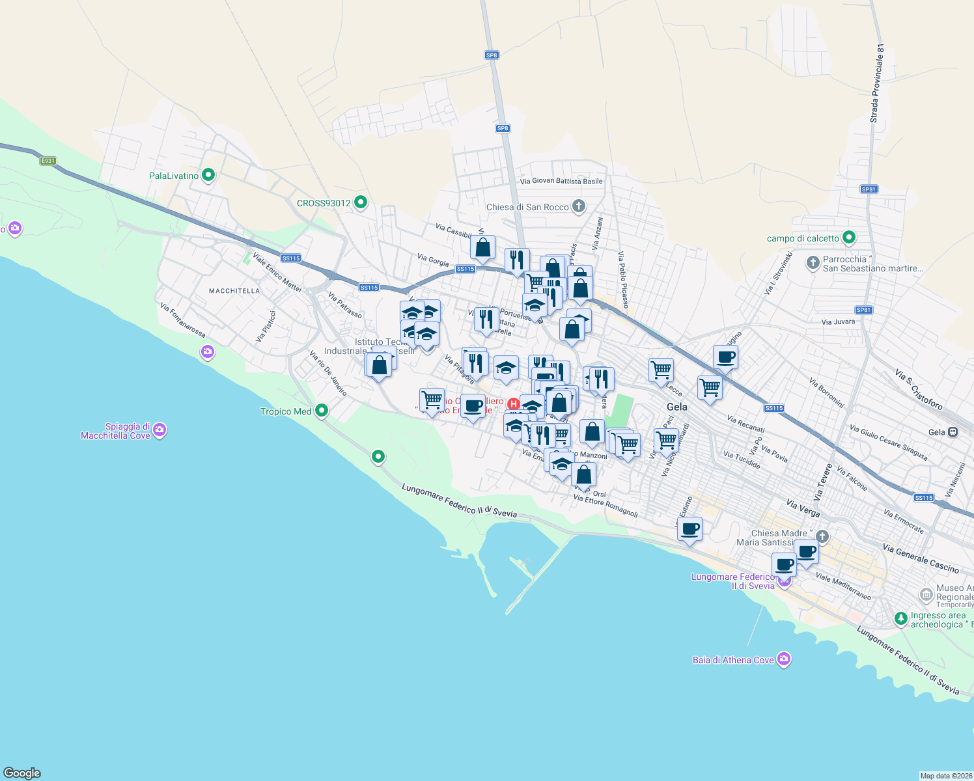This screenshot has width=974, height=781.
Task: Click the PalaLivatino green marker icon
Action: point(208,175)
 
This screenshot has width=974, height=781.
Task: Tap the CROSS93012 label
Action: point(324,203)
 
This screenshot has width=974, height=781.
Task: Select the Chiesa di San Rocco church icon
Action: point(578,207)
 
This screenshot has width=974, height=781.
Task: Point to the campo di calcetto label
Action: point(803,238)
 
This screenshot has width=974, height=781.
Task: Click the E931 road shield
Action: point(48,161)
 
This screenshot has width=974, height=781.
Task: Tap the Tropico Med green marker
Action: point(321,411)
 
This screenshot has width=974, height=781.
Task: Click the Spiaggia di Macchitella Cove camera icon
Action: point(160,430)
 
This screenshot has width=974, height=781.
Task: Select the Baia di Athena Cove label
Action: point(733,660)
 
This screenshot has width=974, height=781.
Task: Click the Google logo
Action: point(22,773)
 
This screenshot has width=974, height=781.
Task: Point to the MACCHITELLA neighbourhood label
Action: point(234,291)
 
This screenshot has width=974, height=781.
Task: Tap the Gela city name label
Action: point(677,407)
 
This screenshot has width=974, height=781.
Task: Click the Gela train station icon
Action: point(953,432)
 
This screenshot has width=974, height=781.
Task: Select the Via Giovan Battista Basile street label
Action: point(561,181)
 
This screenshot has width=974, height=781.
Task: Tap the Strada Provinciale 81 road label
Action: point(877,83)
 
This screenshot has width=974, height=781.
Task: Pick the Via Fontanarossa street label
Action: point(182,320)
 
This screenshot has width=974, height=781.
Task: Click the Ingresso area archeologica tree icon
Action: point(901,618)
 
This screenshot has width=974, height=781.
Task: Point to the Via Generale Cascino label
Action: point(921,558)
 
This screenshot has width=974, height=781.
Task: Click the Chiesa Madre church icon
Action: point(822,537)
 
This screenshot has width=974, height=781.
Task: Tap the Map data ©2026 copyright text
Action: point(946,776)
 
